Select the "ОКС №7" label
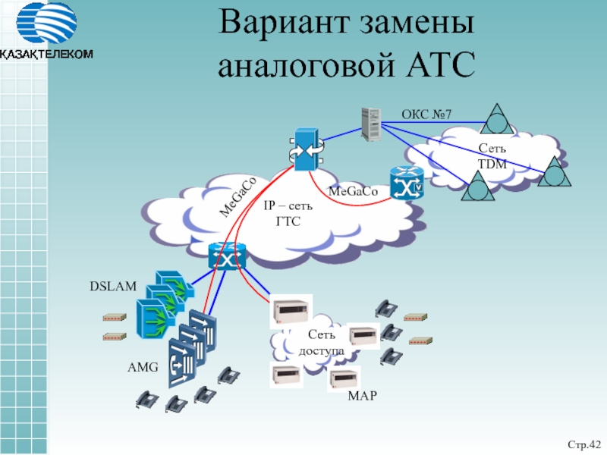426,115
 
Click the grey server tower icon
372,124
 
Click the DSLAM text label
113,287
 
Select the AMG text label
143,367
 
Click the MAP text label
361,397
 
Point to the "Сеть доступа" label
322,343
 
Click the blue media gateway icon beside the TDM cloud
407,184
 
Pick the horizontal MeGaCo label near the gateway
353,191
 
